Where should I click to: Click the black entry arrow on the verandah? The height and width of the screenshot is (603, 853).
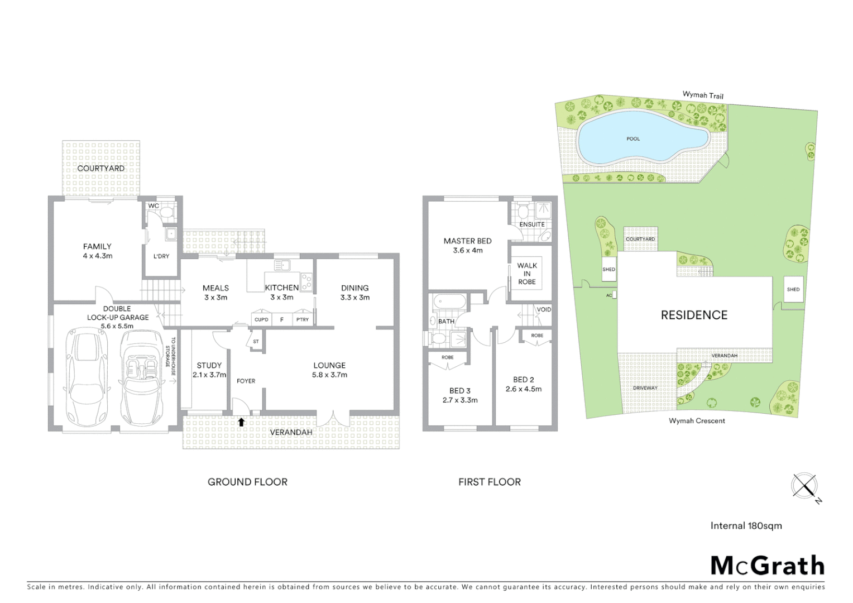(241, 422)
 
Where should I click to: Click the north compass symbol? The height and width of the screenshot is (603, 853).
(805, 486)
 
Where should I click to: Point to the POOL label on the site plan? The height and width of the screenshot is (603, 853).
(633, 138)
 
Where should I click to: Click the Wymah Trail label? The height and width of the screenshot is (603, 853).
(703, 95)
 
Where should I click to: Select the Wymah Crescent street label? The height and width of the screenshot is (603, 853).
(697, 420)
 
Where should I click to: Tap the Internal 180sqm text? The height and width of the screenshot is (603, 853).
(746, 525)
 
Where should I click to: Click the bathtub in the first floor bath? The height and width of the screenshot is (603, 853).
(449, 303)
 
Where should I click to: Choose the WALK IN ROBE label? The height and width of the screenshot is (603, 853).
(526, 274)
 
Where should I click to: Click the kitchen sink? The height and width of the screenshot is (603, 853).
(281, 266)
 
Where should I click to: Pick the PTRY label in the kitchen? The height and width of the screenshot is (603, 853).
(303, 319)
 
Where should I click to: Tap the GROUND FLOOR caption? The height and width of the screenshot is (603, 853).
(247, 482)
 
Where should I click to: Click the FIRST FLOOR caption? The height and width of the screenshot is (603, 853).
(489, 482)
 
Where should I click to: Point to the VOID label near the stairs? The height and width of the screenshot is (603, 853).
(543, 309)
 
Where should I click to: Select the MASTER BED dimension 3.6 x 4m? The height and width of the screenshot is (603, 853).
(468, 251)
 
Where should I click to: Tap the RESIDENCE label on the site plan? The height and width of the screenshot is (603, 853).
(694, 315)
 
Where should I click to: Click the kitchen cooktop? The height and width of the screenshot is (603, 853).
(306, 282)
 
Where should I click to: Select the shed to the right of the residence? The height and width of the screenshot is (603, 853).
(793, 289)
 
